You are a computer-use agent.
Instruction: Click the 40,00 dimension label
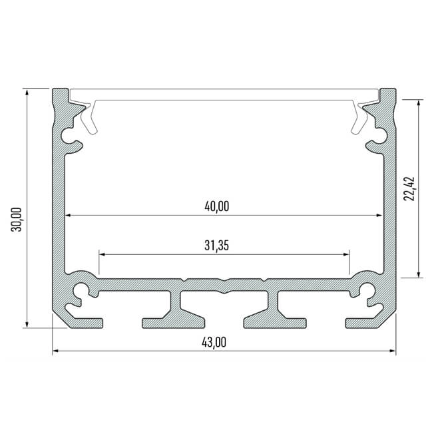pos(216,206)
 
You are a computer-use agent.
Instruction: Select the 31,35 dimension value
pos(216,246)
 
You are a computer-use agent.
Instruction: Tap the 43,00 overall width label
pos(214,342)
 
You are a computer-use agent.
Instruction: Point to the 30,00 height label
pos(17,220)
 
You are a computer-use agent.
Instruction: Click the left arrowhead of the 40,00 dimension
pos(68,215)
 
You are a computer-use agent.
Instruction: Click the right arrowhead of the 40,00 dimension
pos(379,215)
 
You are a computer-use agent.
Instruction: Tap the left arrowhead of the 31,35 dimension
pos(103,254)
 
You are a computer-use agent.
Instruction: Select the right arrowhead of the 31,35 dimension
pos(346,254)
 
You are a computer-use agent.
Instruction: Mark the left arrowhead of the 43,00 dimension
pos(56,351)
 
